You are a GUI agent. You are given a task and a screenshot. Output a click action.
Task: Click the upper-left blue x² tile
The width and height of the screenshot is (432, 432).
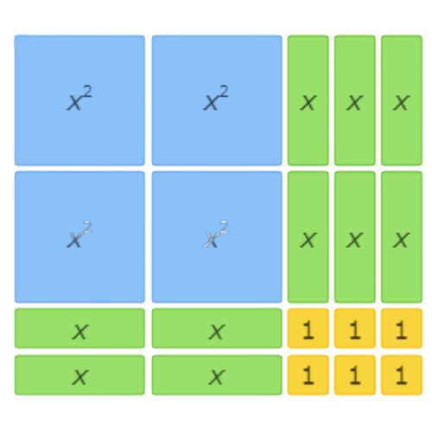point(79,100)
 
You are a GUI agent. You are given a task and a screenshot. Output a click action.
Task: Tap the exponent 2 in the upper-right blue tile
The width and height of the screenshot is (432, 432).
point(224,92)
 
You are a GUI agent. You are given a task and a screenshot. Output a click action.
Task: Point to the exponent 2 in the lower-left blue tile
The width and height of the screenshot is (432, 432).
point(87,227)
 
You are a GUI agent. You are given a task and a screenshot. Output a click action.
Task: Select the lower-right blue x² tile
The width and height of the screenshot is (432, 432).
point(217,237)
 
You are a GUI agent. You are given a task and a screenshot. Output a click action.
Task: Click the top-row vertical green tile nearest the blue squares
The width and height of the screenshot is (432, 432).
point(308,100)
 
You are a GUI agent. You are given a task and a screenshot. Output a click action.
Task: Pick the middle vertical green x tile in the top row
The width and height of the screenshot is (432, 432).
point(355,100)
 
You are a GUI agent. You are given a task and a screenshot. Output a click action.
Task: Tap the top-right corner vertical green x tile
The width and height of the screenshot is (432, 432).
point(402,100)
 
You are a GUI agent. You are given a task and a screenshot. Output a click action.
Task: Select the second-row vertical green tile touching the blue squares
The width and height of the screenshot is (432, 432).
point(308,237)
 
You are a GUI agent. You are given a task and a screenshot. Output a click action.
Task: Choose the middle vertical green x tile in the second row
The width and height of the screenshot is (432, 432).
point(355,237)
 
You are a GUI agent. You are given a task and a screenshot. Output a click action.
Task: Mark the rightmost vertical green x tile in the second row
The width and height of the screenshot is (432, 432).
point(402,237)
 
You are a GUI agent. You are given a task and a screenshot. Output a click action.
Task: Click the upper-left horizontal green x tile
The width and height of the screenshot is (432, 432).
point(79,328)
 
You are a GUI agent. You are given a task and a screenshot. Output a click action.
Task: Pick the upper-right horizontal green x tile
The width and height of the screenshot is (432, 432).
point(217,328)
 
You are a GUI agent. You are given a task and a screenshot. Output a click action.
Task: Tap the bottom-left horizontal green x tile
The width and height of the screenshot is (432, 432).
point(79,375)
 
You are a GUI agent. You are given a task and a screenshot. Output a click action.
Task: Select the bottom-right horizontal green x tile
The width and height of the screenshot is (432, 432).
point(217,375)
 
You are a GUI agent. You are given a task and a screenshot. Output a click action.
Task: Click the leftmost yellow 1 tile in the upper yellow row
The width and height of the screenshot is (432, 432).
point(308,328)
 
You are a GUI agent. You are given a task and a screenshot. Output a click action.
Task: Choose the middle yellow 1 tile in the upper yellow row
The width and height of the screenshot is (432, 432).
point(355,328)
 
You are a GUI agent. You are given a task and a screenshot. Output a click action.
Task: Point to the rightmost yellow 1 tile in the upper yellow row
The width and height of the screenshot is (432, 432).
point(402,328)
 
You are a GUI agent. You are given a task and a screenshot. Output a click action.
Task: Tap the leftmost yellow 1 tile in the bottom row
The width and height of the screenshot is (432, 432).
point(308,375)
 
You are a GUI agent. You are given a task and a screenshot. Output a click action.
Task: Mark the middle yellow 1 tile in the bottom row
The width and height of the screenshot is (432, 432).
point(355,375)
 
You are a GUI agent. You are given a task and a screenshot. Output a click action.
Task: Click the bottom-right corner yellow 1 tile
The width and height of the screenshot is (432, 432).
point(402,375)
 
